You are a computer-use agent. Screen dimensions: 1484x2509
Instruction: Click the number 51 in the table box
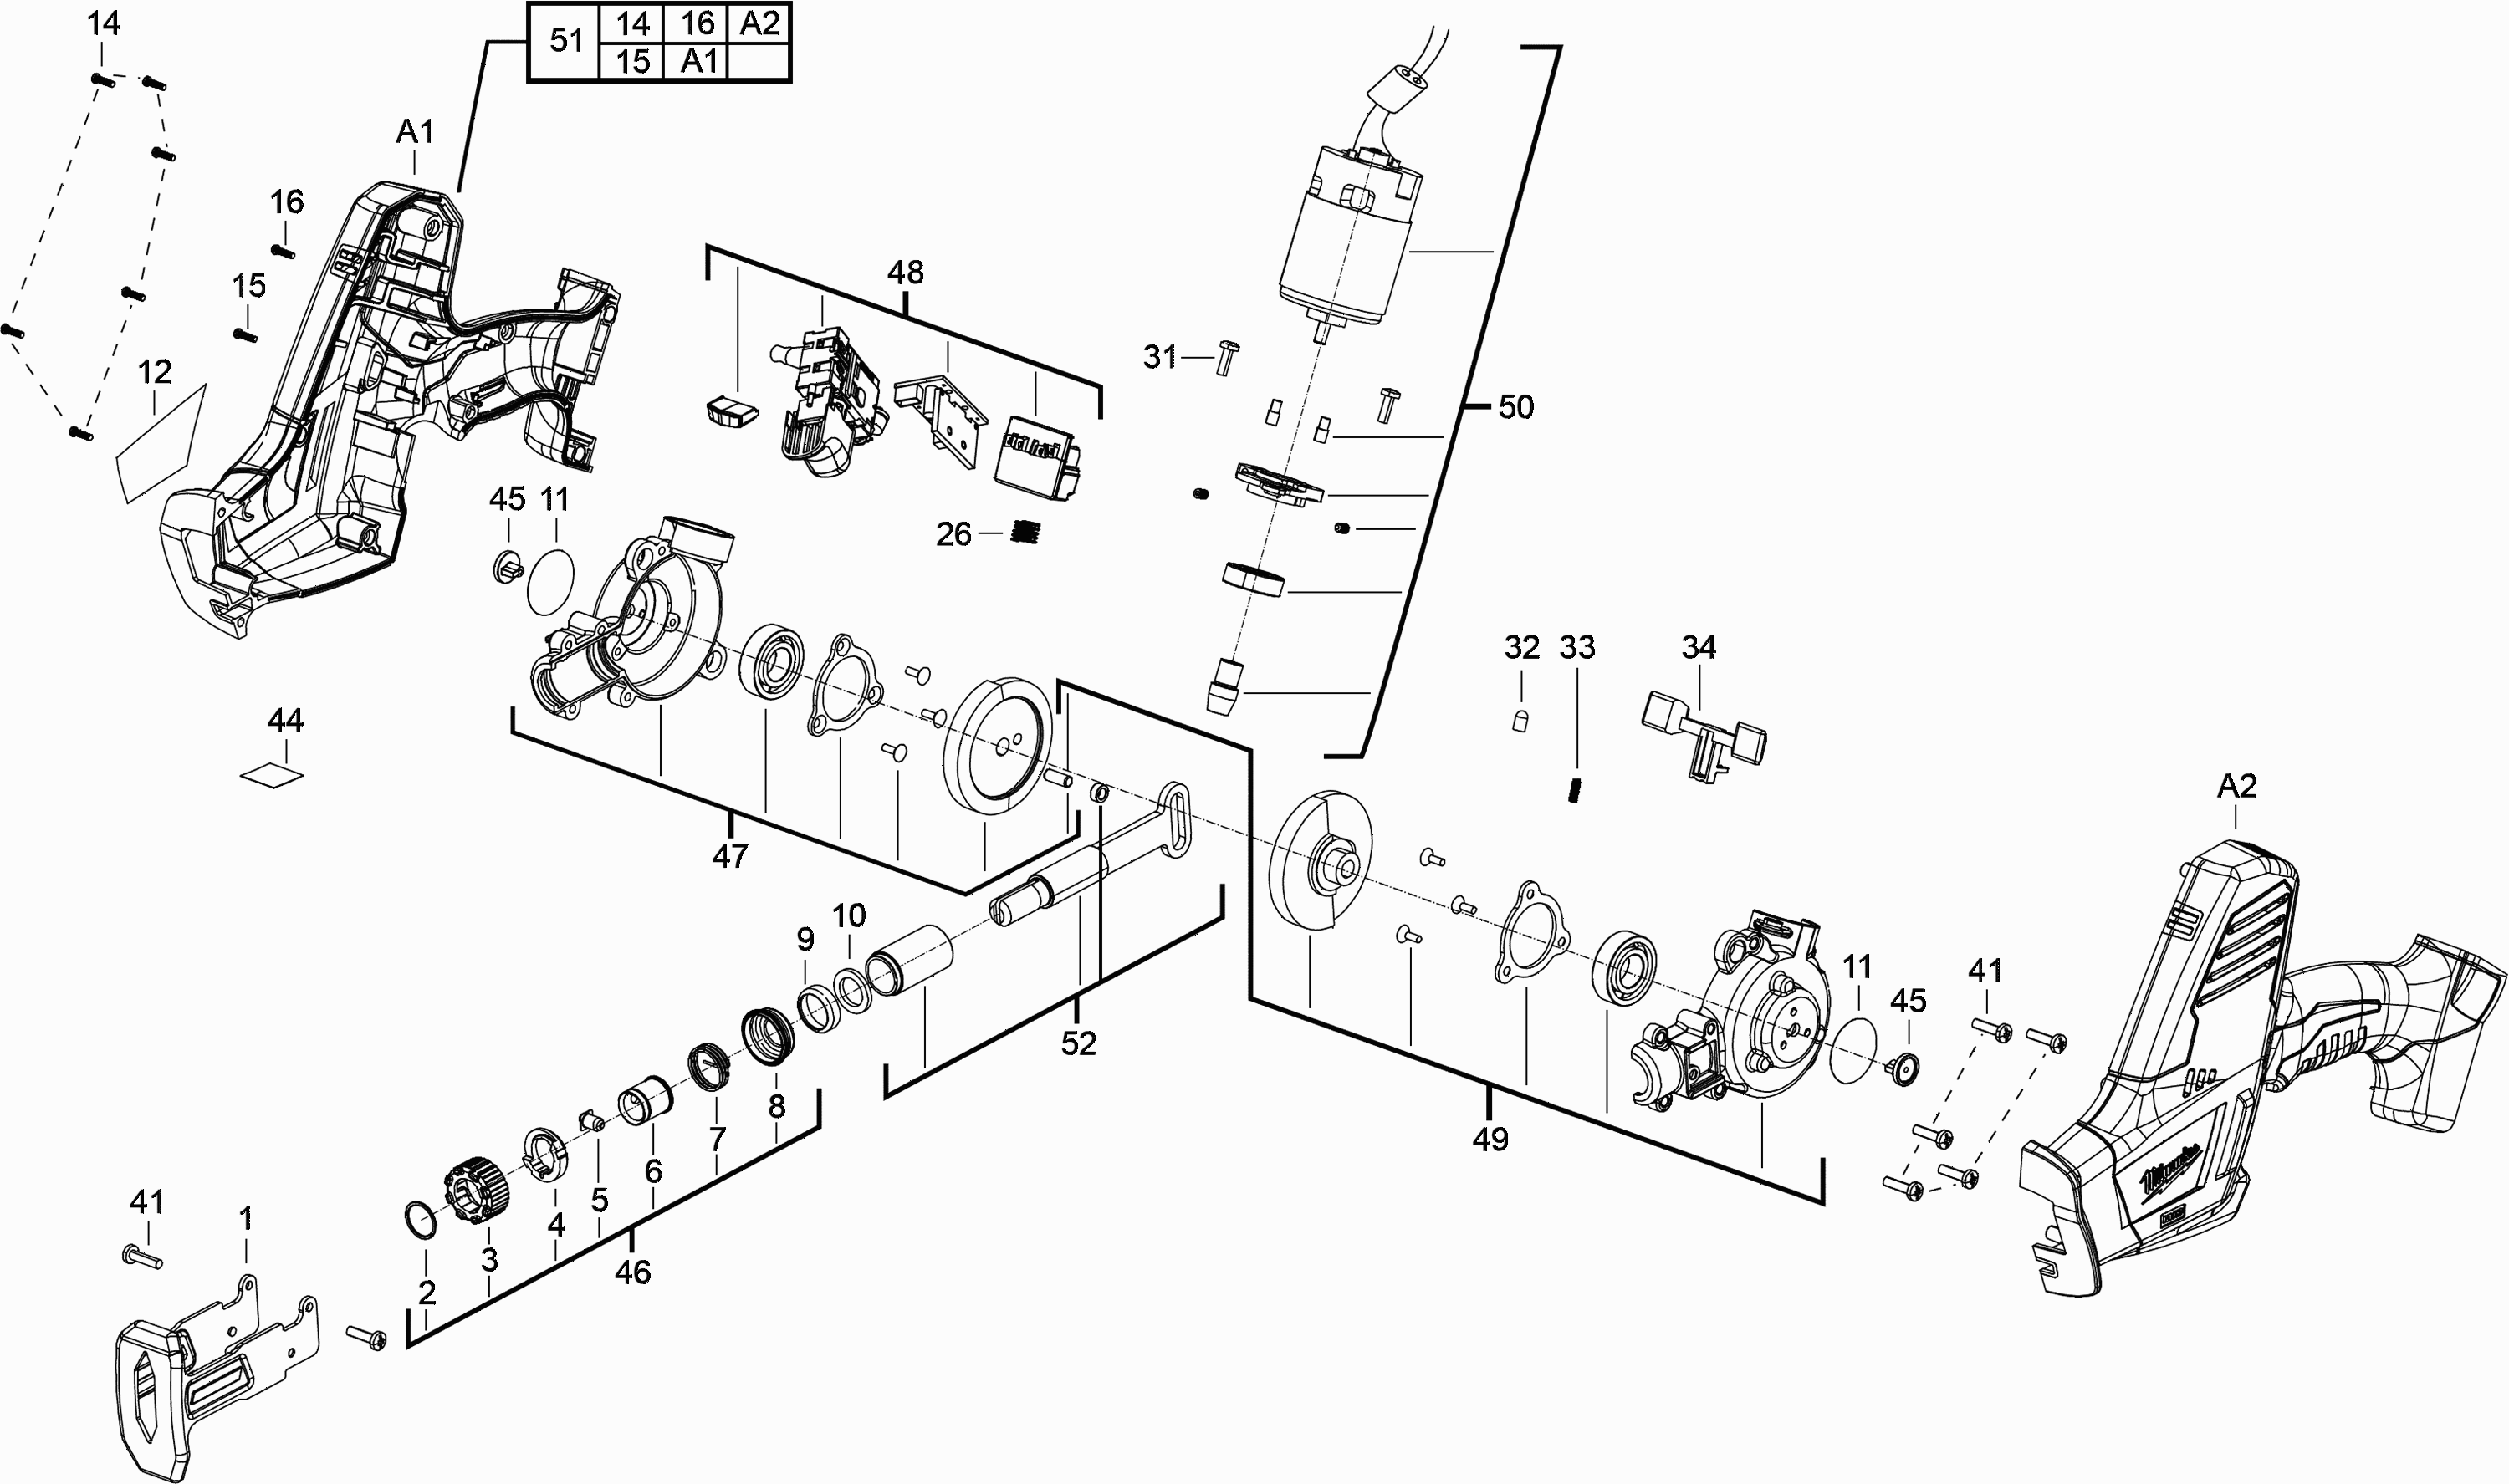tap(566, 41)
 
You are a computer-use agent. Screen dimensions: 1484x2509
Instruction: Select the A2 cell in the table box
tap(759, 23)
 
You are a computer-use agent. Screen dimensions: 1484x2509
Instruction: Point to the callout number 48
tap(905, 272)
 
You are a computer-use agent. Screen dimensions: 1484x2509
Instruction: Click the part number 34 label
tap(1698, 647)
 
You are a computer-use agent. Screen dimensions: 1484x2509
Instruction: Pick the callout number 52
tap(1078, 1043)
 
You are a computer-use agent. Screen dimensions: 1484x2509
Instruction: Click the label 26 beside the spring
tap(953, 534)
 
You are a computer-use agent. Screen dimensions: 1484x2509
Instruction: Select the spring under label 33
tap(1575, 789)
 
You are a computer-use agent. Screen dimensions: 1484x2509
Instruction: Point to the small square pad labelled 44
tap(272, 775)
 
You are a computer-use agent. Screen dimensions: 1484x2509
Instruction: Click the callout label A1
tap(415, 131)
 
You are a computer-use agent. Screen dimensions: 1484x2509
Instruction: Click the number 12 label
tap(154, 372)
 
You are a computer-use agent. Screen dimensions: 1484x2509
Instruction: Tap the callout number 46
tap(632, 1271)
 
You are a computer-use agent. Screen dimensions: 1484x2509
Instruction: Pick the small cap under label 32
tap(1520, 719)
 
